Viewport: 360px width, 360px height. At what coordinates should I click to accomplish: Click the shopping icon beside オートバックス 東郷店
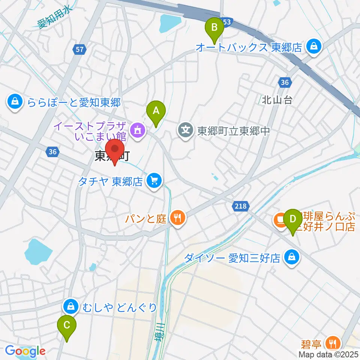click(x=312, y=47)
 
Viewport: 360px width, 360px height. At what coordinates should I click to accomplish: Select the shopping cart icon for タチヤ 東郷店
click(x=153, y=181)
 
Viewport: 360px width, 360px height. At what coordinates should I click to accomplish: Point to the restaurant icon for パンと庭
click(x=177, y=218)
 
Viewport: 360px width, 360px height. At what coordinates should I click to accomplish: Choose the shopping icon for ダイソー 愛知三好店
click(x=291, y=258)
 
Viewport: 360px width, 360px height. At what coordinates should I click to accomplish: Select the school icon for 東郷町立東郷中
click(x=186, y=130)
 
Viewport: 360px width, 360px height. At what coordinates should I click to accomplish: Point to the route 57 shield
click(x=80, y=49)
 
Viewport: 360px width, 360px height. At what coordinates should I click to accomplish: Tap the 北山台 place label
click(x=277, y=100)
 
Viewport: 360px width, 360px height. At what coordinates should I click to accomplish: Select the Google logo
click(x=25, y=351)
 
